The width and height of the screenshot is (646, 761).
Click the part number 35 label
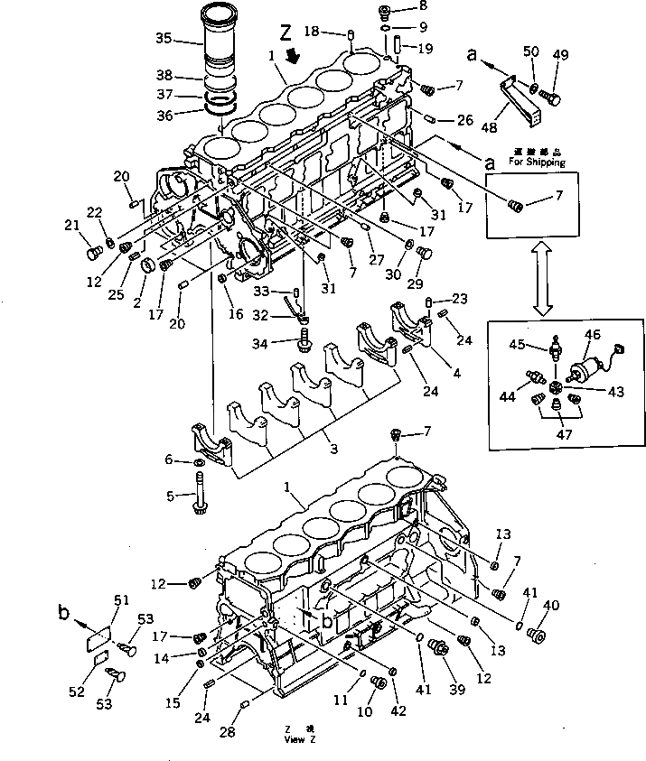[x=164, y=38]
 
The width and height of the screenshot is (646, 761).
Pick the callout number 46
[x=593, y=335]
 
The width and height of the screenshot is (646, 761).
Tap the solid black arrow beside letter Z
[x=293, y=56]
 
